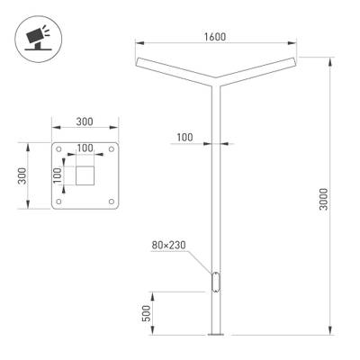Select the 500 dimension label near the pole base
[x=146, y=314]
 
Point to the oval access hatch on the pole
[x=215, y=281]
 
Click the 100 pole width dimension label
[x=184, y=137]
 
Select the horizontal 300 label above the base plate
[x=85, y=121]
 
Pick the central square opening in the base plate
[x=85, y=175]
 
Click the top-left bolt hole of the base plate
[x=60, y=150]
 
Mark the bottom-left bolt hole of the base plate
[x=60, y=202]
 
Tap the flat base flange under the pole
[x=215, y=335]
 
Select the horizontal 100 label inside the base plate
[x=85, y=147]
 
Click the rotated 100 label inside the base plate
[x=58, y=175]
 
